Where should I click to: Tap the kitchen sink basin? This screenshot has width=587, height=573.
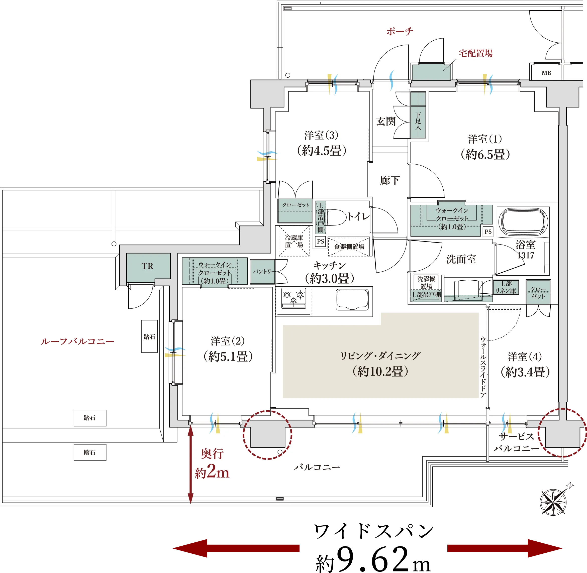pos(352,299)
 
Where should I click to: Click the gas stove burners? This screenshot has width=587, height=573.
pos(293,298)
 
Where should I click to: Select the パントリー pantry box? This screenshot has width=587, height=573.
pos(262,272)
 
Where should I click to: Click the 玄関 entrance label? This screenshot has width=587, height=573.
pos(386,122)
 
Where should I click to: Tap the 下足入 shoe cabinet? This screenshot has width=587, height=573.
pos(418,115)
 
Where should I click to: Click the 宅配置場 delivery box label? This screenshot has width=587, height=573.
pos(476,54)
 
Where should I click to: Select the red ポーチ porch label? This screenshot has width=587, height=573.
pos(400,31)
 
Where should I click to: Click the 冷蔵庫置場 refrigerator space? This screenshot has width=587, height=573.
pos(294,241)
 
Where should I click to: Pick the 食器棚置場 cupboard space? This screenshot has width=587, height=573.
pos(349,247)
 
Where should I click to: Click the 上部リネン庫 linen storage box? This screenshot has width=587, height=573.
pos(506,287)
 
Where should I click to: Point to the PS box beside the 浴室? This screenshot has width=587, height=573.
pos(488,232)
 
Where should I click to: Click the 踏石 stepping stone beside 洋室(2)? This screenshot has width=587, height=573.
pos(149,336)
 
